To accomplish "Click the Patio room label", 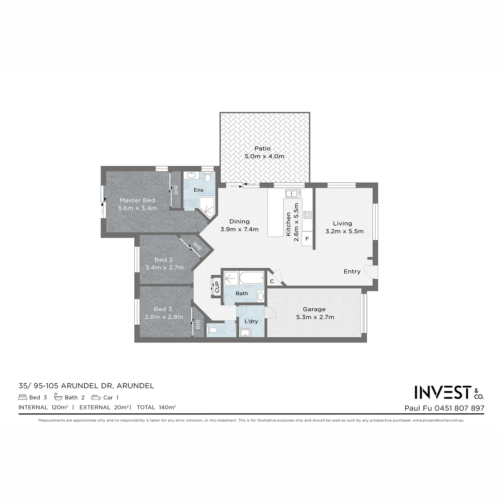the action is [262, 149].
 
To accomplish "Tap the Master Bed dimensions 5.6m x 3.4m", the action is [137, 208].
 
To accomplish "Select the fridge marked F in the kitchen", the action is [307, 238].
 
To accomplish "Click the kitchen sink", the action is [293, 194].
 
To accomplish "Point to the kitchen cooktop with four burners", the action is [307, 215].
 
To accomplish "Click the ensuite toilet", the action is [207, 177].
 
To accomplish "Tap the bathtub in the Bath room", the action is [252, 278].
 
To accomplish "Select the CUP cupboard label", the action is [217, 287].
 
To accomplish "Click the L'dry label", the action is [251, 321].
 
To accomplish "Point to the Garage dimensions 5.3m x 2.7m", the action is [315, 317].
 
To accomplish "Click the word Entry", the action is [352, 271].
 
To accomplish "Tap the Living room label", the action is [343, 223].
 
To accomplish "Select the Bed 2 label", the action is [164, 259].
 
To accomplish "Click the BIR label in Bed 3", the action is [198, 325].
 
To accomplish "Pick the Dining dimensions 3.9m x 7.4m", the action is [239, 229].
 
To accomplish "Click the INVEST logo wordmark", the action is [443, 392].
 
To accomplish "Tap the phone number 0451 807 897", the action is [459, 408].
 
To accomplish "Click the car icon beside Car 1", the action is [96, 397].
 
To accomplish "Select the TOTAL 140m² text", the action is [156, 407].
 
